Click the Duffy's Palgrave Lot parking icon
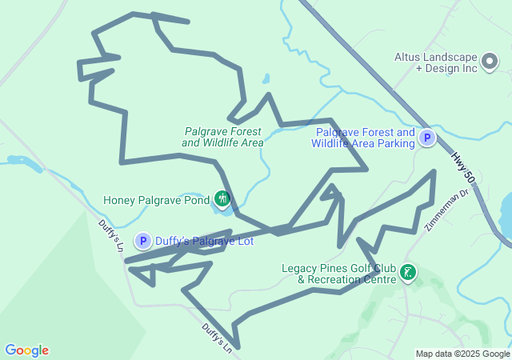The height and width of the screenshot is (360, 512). click(x=143, y=240)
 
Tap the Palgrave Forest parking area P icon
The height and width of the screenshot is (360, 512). click(x=428, y=138)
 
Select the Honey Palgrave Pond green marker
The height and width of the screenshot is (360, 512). click(x=222, y=198)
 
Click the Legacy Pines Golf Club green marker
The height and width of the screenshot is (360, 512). click(x=408, y=274)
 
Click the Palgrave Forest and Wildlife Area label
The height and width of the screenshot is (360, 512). click(x=222, y=137)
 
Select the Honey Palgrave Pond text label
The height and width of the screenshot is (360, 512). click(x=156, y=199)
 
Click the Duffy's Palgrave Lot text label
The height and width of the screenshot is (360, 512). click(x=204, y=240)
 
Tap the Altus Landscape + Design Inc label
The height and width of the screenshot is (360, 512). click(x=436, y=62)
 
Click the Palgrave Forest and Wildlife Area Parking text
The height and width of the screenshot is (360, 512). click(x=365, y=138)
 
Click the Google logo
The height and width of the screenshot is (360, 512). click(x=26, y=350)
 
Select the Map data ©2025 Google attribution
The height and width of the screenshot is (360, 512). click(x=462, y=354)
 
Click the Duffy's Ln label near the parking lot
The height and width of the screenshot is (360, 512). click(x=110, y=236)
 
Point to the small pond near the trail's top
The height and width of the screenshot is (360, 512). click(x=266, y=80)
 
